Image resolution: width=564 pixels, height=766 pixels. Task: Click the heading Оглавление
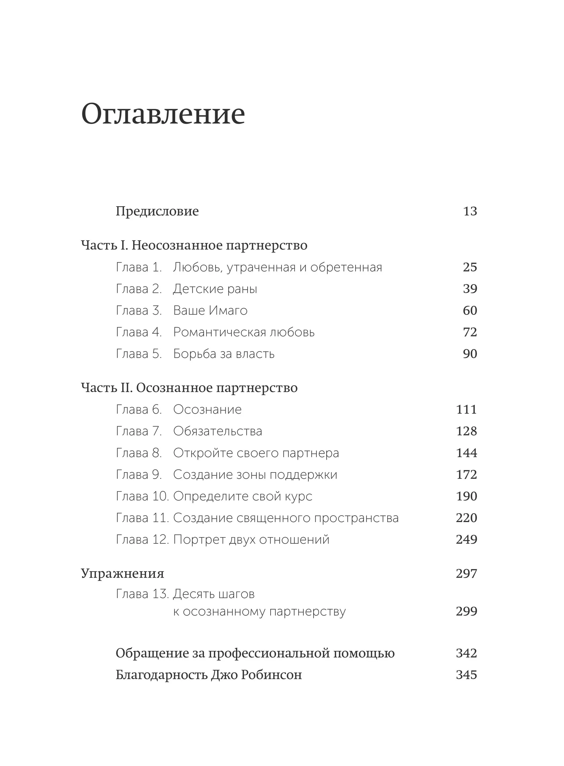[x=163, y=114]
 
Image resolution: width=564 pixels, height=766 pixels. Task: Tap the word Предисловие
[x=157, y=211]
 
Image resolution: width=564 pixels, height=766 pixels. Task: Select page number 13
[x=470, y=211]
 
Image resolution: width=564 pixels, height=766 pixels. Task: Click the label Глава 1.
[x=139, y=267]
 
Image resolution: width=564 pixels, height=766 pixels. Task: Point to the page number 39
[x=470, y=289]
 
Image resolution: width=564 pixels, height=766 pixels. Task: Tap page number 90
[x=470, y=354]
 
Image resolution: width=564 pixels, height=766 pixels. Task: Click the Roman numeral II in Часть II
[x=126, y=388]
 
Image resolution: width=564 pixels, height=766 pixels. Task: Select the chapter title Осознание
[x=207, y=409]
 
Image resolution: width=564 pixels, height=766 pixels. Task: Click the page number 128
[x=466, y=431]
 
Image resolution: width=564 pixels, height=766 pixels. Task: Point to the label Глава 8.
[x=139, y=453]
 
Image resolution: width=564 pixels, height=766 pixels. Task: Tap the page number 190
[x=466, y=496]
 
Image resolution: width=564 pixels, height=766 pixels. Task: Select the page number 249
[x=466, y=540]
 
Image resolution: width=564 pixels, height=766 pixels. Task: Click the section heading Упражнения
[x=122, y=573]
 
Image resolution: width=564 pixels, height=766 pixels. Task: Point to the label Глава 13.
[x=142, y=594]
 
